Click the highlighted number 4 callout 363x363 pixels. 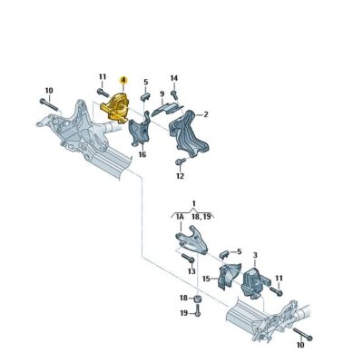[123, 81]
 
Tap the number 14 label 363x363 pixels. [174, 78]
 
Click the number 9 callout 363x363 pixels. [162, 93]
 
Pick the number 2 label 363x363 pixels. [206, 114]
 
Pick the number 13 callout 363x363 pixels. [191, 270]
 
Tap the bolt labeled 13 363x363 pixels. [190, 258]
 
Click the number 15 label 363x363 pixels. [206, 280]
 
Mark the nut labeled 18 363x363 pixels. [197, 299]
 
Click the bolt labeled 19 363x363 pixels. [197, 313]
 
